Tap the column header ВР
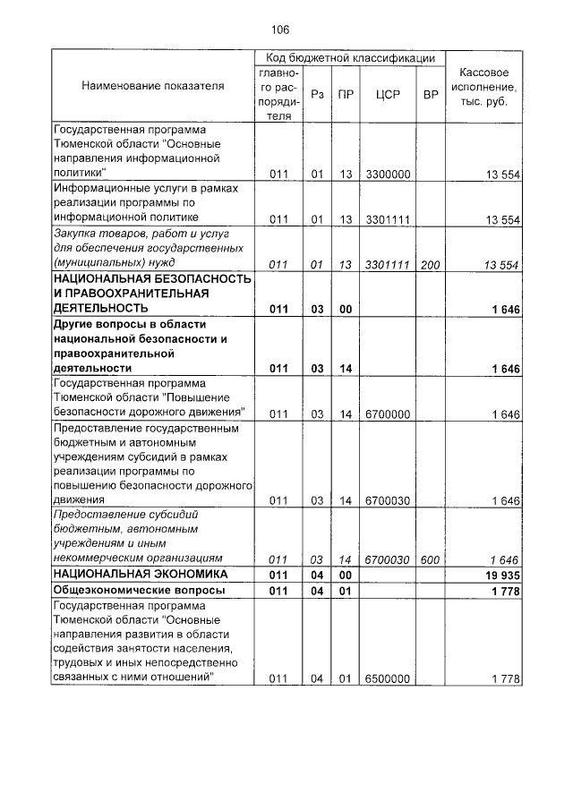click(x=430, y=92)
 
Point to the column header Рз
click(x=316, y=92)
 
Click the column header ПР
click(x=345, y=92)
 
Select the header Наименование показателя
click(x=153, y=86)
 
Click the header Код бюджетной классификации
click(x=350, y=57)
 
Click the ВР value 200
click(x=430, y=265)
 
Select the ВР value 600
click(x=430, y=559)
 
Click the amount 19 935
click(x=501, y=575)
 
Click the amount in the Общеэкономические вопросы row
click(x=505, y=592)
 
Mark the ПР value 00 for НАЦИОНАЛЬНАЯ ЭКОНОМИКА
click(x=345, y=575)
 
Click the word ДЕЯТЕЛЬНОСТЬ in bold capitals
click(x=98, y=308)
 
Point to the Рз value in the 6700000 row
click(x=316, y=414)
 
